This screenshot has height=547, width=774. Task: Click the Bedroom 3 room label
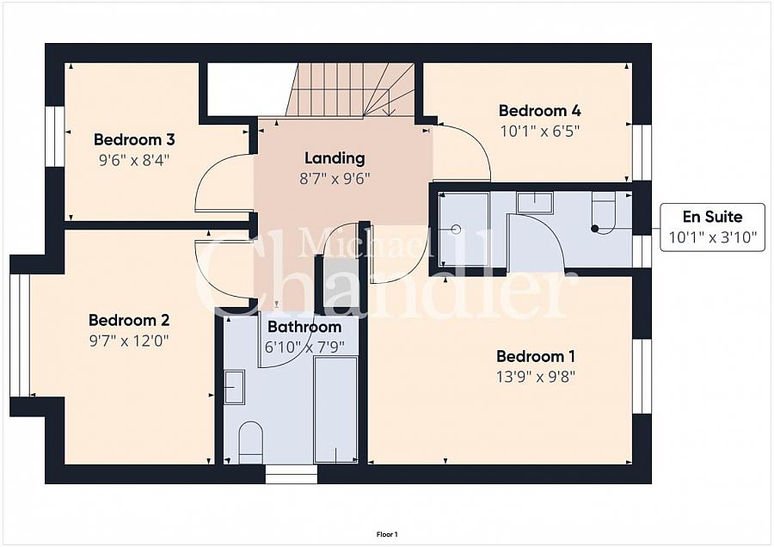click(134, 139)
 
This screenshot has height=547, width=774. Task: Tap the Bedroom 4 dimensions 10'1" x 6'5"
click(539, 132)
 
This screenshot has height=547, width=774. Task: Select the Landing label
click(335, 158)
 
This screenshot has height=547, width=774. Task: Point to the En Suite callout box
click(712, 227)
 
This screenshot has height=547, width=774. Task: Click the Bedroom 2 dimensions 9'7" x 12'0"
click(129, 341)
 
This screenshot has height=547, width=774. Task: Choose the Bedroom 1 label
click(536, 356)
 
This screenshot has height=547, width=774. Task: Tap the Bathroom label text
click(304, 327)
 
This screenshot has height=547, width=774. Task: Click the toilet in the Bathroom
click(251, 442)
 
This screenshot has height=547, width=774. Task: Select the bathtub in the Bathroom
click(335, 409)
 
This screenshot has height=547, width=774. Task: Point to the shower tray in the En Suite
click(464, 229)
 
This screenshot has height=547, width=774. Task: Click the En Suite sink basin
click(535, 202)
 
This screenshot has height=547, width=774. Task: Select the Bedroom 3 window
click(55, 137)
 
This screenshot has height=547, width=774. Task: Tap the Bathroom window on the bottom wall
click(292, 474)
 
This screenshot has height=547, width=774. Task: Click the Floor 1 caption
click(387, 534)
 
